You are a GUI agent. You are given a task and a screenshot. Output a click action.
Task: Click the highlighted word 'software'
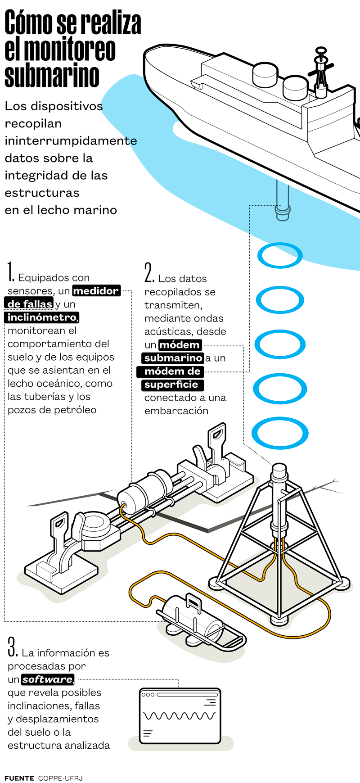click(47, 679)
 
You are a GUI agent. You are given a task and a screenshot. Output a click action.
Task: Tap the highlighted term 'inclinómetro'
click(42, 317)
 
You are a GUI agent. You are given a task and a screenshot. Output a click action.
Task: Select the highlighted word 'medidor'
click(96, 291)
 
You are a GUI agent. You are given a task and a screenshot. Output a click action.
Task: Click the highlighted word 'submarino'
click(173, 358)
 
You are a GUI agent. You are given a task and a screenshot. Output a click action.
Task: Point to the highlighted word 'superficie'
click(172, 385)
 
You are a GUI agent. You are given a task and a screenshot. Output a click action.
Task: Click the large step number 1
click(10, 272)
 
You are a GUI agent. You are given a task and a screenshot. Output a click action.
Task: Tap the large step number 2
click(149, 272)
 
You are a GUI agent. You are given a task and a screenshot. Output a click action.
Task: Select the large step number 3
click(13, 647)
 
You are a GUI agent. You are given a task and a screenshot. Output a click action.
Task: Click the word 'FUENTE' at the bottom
click(19, 778)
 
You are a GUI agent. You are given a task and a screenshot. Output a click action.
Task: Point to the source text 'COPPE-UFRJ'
click(60, 778)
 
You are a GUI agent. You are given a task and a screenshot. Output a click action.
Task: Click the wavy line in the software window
click(179, 715)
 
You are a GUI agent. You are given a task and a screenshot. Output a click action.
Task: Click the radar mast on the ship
click(321, 72)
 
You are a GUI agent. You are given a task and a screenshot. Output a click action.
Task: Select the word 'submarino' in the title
click(52, 75)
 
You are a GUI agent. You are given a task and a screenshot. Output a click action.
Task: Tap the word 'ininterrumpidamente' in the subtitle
click(71, 141)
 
